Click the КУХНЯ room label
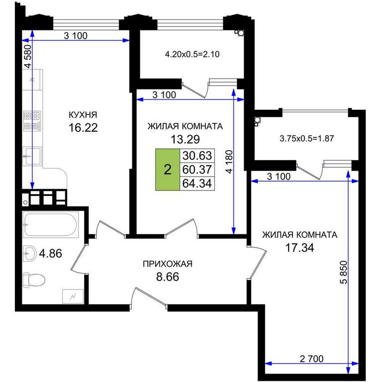(x=83, y=114)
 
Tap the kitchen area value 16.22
(x=83, y=127)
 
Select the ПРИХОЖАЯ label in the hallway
(x=168, y=264)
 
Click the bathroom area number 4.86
(x=50, y=253)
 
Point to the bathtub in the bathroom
(x=51, y=224)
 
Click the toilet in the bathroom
(x=34, y=280)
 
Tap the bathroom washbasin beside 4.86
(x=29, y=253)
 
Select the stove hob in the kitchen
(x=32, y=121)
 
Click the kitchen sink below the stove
(x=32, y=156)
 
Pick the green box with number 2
(x=168, y=169)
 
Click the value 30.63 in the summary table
(x=197, y=155)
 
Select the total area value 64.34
(x=197, y=183)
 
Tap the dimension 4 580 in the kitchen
(x=28, y=56)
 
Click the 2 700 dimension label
(x=311, y=359)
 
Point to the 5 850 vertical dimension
(x=343, y=272)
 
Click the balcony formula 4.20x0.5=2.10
(x=192, y=54)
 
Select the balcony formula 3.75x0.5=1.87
(x=306, y=139)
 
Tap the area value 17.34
(x=299, y=248)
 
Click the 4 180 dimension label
(x=229, y=162)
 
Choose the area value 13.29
(x=185, y=139)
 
